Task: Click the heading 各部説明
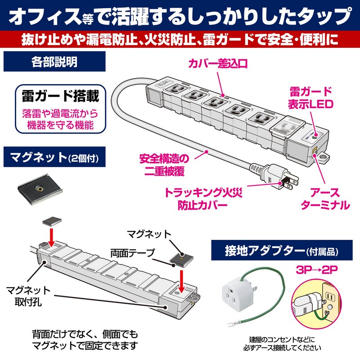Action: [54, 62]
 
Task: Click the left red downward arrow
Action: [51, 237]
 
